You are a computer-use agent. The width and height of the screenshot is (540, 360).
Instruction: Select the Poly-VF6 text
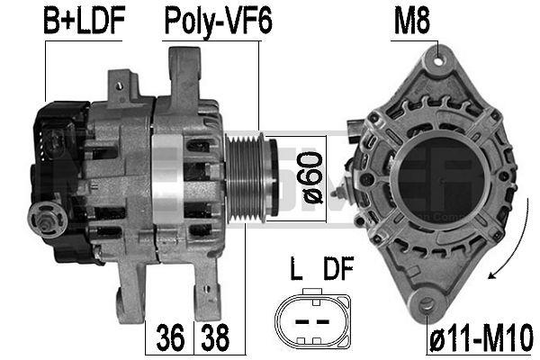tap(216, 22)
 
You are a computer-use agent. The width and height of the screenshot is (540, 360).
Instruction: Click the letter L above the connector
tap(294, 269)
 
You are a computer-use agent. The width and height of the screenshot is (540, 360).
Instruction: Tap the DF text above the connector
tap(333, 269)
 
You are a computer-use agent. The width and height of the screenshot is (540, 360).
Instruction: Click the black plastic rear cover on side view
tap(58, 162)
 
